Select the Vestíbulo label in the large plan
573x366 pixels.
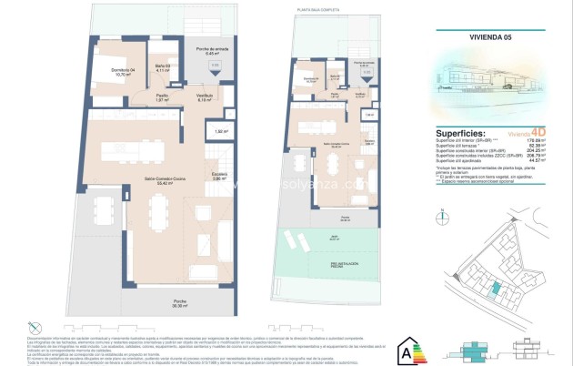206,98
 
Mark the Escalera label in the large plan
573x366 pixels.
217,177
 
